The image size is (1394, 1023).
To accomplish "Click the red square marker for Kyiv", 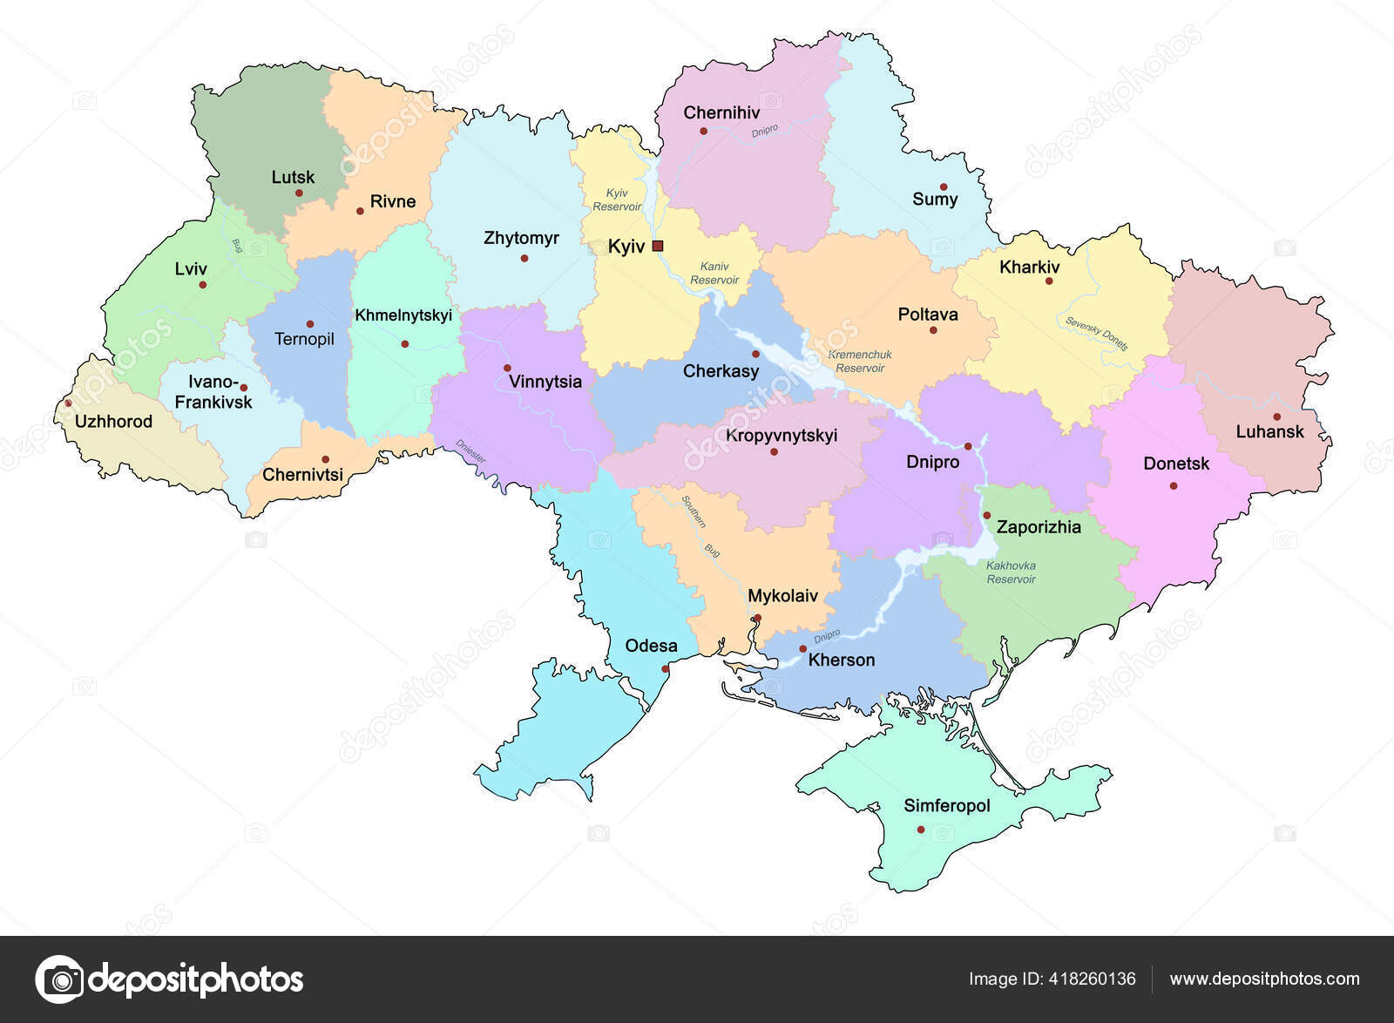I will [658, 246].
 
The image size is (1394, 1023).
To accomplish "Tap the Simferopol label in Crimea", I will [947, 806].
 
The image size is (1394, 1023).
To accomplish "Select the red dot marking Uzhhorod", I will [68, 403].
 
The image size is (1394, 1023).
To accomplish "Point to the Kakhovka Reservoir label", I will [1011, 572].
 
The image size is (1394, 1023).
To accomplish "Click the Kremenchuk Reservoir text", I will [860, 362].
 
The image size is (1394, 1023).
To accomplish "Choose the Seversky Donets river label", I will [1096, 334].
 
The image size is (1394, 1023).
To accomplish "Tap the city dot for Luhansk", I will [1276, 417].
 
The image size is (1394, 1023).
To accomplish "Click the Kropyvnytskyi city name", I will [782, 435].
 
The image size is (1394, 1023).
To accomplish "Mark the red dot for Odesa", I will [666, 669].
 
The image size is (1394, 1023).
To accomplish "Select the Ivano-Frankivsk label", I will [213, 392].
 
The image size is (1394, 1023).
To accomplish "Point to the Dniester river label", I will [470, 451].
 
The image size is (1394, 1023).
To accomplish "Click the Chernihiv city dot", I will [703, 132].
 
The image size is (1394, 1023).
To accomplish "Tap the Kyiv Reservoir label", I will [617, 200].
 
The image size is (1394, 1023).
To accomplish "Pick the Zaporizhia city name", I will [1039, 527].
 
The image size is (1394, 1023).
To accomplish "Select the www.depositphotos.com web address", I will [1264, 979].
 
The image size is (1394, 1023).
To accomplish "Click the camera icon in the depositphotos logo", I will [60, 979].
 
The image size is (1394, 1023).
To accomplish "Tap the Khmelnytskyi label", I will [403, 315].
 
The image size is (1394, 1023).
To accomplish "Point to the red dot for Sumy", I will [944, 186].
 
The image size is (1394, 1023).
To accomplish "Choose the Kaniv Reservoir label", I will [714, 273].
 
